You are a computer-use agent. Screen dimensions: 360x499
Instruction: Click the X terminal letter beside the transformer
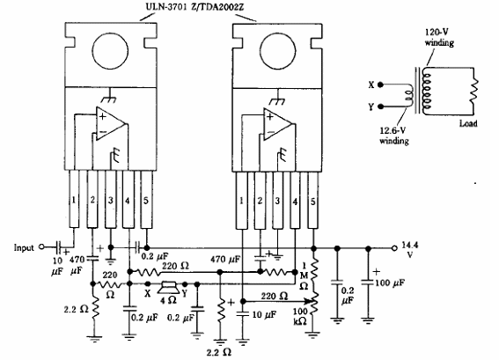372,86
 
